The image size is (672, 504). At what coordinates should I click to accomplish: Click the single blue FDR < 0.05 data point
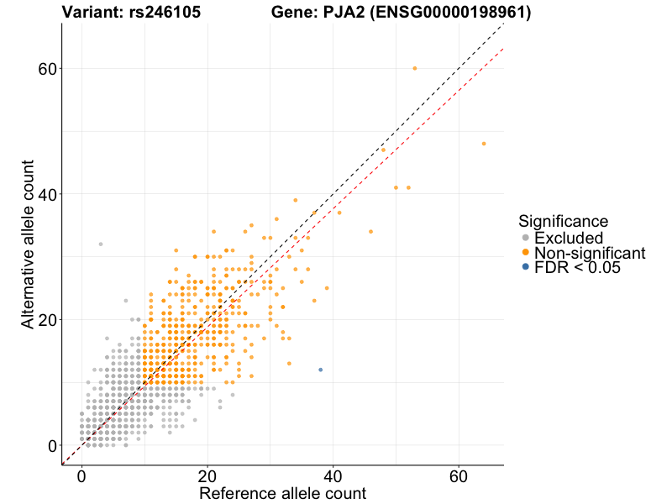[x=321, y=370]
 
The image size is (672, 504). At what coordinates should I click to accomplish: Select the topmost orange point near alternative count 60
[x=415, y=68]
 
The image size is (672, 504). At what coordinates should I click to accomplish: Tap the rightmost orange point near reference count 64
[x=484, y=144]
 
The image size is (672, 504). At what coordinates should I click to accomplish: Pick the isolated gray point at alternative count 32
[x=101, y=244]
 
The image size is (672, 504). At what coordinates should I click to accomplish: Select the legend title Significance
[x=563, y=222]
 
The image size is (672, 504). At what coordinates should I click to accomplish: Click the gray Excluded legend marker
[x=526, y=238]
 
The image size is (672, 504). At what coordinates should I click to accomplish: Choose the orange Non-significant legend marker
[x=526, y=252]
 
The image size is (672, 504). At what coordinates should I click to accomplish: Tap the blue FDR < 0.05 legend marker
[x=526, y=267]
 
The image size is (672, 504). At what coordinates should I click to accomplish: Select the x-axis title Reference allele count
[x=282, y=493]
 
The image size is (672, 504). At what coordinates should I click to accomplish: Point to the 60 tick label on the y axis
[x=48, y=68]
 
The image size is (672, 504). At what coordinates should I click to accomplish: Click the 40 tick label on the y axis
[x=48, y=194]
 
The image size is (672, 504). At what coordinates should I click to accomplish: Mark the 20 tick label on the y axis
[x=48, y=319]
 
